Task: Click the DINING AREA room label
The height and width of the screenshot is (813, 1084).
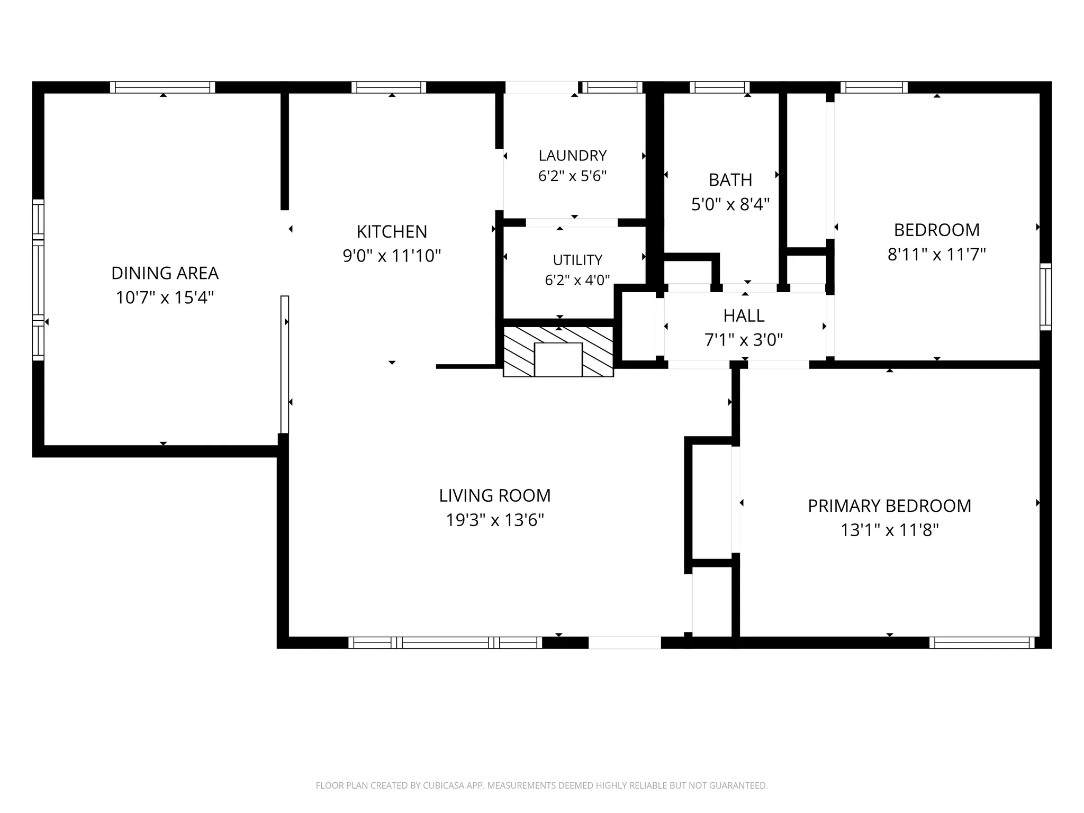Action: [165, 273]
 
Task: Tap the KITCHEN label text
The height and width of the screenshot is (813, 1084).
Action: [392, 232]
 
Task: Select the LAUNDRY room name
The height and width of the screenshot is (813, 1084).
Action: [572, 156]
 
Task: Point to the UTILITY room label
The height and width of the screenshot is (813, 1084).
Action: [577, 260]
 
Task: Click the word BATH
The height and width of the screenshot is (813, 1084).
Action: [730, 180]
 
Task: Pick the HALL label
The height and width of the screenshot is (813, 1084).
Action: [744, 315]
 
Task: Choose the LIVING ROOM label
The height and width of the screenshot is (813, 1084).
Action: [495, 495]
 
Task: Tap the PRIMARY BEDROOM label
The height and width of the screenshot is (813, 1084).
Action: [889, 506]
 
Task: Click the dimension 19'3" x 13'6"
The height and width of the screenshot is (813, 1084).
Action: [495, 520]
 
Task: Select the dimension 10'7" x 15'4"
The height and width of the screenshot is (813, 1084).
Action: [165, 297]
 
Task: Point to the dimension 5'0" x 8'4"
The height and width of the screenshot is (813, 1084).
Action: [730, 204]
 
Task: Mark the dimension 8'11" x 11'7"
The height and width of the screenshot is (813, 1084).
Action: [936, 255]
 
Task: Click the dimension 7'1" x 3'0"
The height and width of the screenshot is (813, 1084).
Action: [744, 340]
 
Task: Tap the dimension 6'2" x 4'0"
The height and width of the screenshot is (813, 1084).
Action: [577, 280]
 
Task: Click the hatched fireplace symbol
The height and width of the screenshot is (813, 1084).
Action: [558, 351]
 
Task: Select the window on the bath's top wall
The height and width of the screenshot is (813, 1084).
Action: [720, 87]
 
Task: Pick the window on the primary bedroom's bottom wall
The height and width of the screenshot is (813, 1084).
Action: [982, 643]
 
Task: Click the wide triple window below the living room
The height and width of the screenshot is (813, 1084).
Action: [445, 643]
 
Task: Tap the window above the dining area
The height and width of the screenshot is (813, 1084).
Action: [162, 87]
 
